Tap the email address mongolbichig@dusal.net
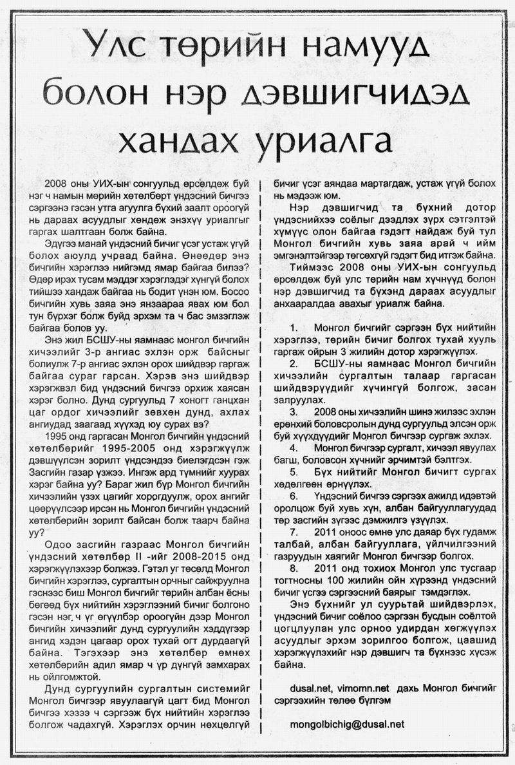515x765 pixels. click(x=348, y=724)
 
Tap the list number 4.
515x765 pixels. click(x=294, y=446)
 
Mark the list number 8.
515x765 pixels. click(x=294, y=569)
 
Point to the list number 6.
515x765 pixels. click(x=294, y=496)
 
